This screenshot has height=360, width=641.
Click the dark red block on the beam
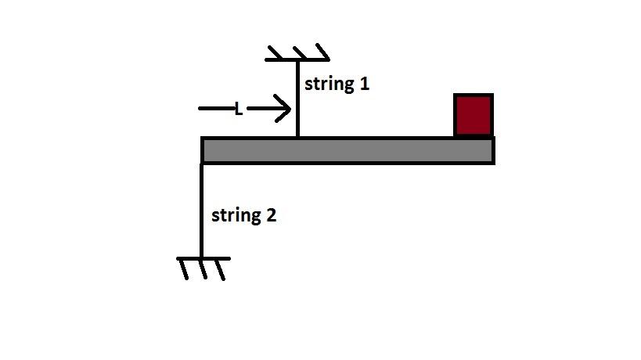tap(474, 115)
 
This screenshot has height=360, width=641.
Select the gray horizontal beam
tap(348, 150)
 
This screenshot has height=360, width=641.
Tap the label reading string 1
tap(337, 84)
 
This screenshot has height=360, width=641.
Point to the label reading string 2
tap(243, 215)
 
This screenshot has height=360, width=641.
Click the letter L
tap(239, 110)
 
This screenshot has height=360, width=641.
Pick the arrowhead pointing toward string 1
tap(282, 110)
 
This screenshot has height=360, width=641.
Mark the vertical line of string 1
tap(297, 98)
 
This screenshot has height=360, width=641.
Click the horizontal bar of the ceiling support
tap(297, 59)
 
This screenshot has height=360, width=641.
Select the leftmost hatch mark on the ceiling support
tap(274, 52)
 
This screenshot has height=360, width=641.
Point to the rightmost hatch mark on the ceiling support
tap(321, 52)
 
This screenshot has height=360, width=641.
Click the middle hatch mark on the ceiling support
tap(297, 52)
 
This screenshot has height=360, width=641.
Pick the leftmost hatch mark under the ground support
tap(185, 268)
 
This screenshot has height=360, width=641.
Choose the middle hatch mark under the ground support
tap(203, 268)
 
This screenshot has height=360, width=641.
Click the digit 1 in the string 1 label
tap(363, 83)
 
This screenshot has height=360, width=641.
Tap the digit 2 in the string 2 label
tap(271, 214)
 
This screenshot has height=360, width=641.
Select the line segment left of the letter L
tap(216, 109)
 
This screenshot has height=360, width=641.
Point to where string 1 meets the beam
tap(297, 137)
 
